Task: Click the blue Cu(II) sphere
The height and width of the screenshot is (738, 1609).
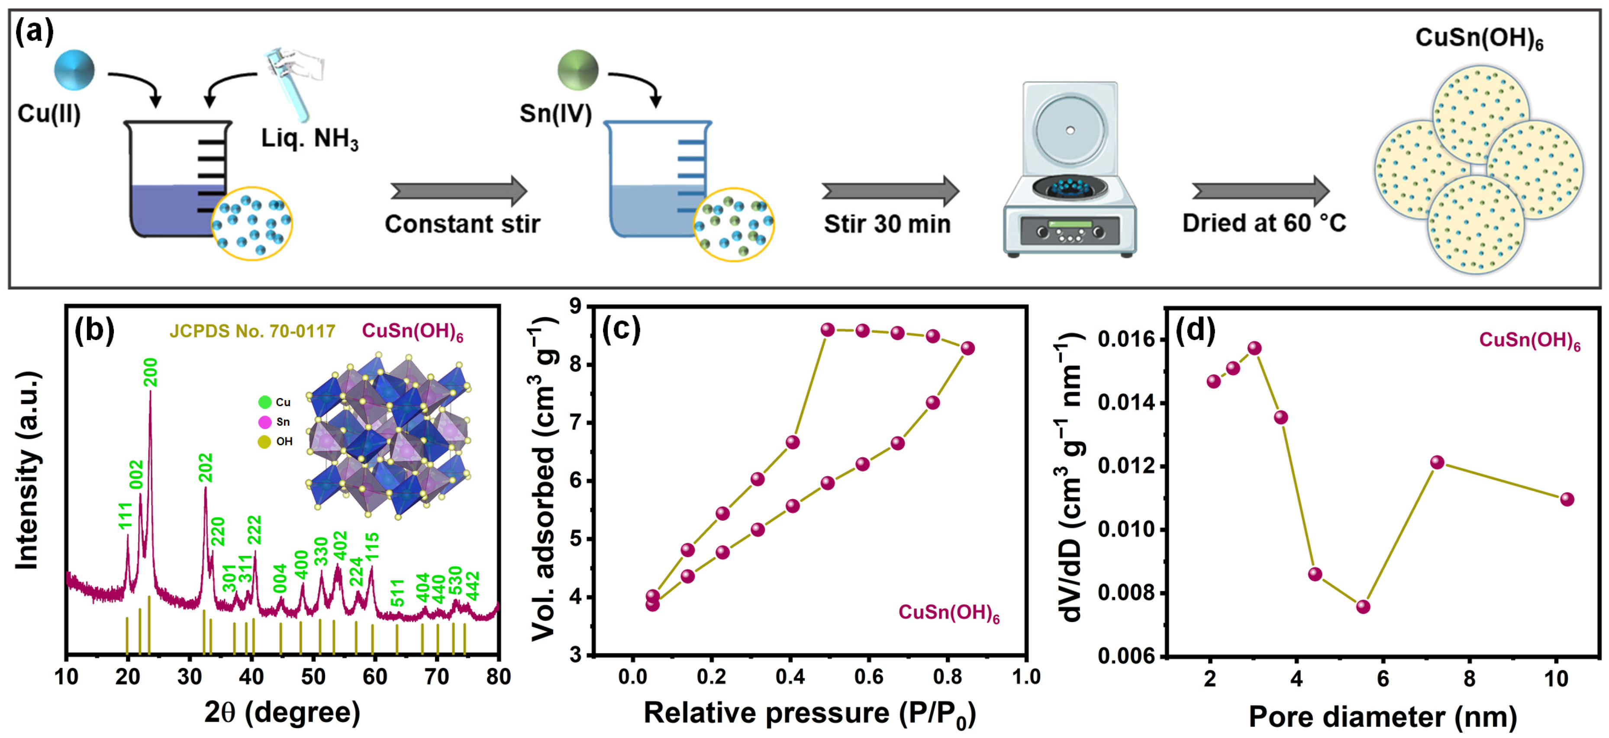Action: point(74,70)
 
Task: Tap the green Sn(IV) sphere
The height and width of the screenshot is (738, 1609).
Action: point(578,70)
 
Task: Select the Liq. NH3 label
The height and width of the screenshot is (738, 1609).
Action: point(309,138)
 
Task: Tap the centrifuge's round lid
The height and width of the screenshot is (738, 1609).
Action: point(1070,130)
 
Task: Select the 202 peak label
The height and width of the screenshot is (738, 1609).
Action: point(206,468)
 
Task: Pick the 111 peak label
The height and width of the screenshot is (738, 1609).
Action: point(126,516)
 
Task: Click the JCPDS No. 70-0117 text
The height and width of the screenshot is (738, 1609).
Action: point(252,331)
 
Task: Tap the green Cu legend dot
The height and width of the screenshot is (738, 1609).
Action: point(265,402)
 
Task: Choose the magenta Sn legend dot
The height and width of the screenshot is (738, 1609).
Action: point(265,422)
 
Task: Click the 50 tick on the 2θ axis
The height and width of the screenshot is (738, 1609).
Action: point(313,676)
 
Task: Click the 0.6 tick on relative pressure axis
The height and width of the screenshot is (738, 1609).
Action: point(869,676)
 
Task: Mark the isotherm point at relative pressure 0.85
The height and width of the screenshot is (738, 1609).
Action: point(967,348)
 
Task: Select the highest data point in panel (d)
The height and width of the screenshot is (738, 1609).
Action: point(1254,348)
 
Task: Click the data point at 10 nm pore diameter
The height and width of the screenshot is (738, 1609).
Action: point(1567,499)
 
